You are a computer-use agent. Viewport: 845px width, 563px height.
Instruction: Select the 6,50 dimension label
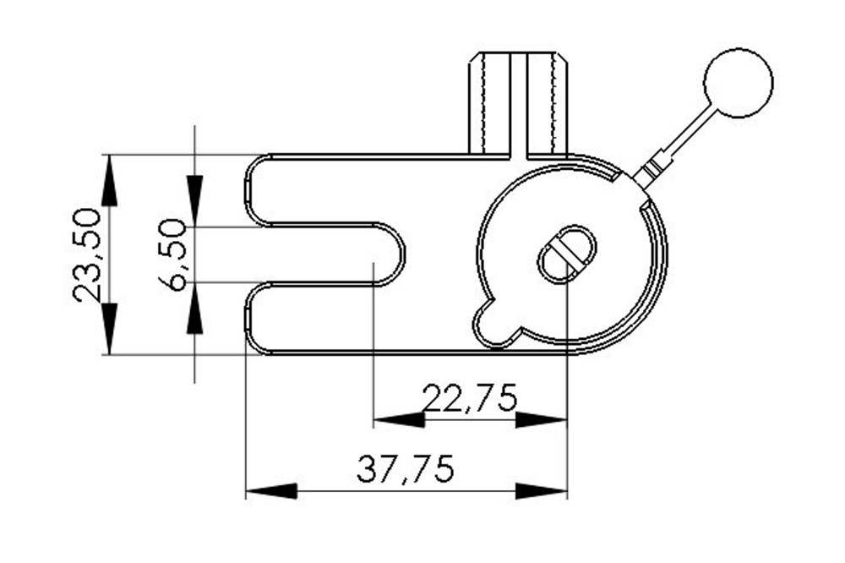[174, 254]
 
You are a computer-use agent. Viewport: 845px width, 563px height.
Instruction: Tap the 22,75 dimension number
[470, 397]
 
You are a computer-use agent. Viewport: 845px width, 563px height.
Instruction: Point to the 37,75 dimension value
[406, 468]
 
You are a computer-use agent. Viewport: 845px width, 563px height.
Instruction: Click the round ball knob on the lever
[738, 83]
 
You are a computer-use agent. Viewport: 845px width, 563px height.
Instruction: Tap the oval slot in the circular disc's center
[567, 254]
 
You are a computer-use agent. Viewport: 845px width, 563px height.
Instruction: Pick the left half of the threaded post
[491, 103]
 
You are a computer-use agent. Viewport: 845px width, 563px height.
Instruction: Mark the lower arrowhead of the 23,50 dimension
[109, 329]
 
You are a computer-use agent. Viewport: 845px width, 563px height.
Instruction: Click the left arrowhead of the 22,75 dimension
[398, 420]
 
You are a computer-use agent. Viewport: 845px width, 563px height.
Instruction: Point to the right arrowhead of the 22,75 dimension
[541, 420]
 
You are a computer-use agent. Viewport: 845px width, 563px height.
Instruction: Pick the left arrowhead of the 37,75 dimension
[271, 491]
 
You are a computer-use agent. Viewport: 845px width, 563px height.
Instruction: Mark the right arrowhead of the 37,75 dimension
[541, 491]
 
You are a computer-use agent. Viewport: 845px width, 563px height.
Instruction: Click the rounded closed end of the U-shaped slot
[390, 254]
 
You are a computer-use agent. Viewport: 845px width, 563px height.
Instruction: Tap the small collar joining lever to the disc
[647, 174]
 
